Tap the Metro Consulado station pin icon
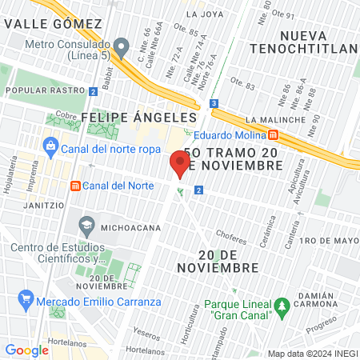(x=122, y=48)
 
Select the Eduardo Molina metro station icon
(x=274, y=134)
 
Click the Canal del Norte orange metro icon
(x=75, y=186)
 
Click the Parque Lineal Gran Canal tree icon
(x=281, y=306)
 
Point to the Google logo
(x=26, y=350)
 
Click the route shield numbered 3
(x=214, y=103)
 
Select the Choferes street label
(x=231, y=237)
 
